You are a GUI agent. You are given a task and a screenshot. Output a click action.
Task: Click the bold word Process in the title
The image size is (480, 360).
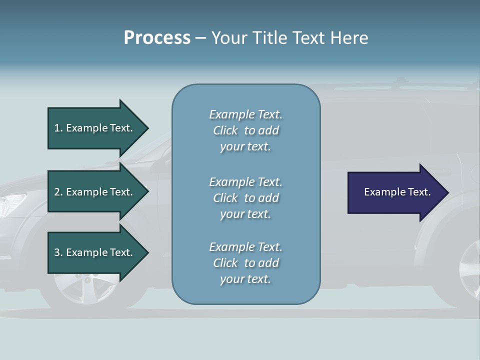tap(157, 37)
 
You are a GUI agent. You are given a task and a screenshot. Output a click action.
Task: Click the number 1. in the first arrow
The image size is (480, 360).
tap(58, 128)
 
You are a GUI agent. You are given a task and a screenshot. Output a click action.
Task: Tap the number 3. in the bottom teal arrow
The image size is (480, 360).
tap(58, 252)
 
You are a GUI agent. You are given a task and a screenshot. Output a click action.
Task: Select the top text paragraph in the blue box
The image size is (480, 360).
tap(245, 130)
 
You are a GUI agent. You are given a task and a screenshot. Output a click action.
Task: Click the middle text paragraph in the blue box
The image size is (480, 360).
tap(245, 197)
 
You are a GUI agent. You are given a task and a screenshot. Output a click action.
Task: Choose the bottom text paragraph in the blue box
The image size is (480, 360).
tap(245, 263)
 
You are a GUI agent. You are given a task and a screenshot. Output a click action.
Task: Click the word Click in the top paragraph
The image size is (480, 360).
tap(225, 130)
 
